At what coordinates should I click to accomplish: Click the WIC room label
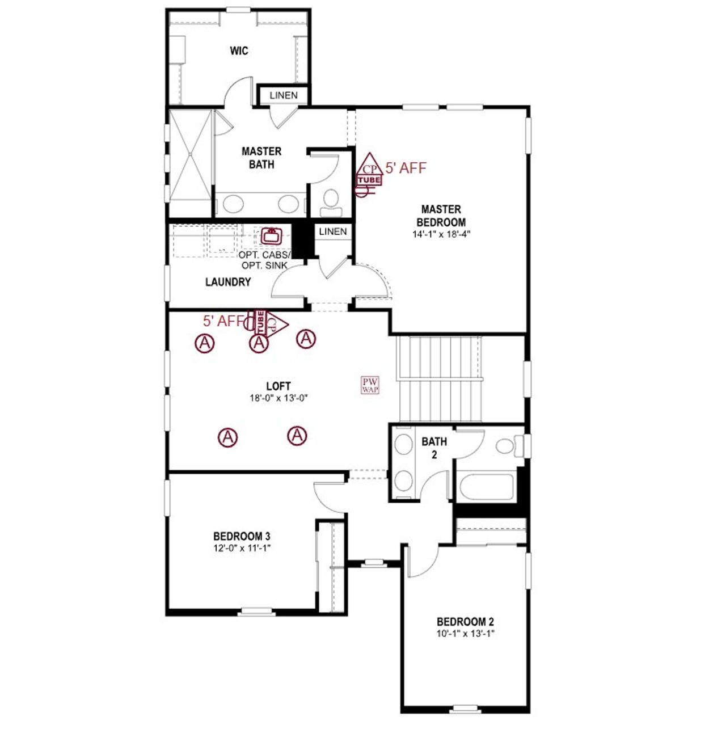tap(239, 51)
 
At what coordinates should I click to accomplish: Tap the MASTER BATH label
tap(261, 158)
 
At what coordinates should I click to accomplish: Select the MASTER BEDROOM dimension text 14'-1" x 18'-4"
tap(442, 234)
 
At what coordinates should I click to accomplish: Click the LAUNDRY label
tap(228, 282)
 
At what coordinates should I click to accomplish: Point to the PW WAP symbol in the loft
tap(370, 385)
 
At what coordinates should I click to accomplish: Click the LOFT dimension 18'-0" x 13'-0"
tap(278, 398)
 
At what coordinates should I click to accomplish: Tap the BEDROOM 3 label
tap(242, 536)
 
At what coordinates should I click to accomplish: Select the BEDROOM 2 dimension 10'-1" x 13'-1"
tap(466, 634)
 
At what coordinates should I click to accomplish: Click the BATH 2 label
tap(434, 448)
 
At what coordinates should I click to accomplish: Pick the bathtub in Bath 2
tap(486, 486)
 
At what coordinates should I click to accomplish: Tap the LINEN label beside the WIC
tap(284, 95)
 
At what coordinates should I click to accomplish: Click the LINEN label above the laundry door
tap(333, 231)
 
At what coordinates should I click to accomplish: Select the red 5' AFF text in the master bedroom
tap(406, 168)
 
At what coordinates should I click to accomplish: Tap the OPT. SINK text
tap(264, 265)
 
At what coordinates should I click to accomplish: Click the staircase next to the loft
tap(440, 378)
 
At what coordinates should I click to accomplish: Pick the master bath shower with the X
tap(191, 156)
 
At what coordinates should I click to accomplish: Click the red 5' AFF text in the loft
tap(223, 321)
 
